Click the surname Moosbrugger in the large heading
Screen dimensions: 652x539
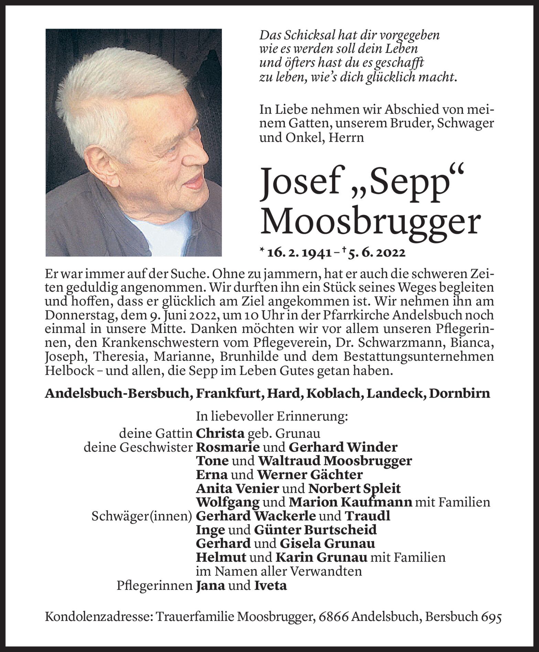(x=370, y=223)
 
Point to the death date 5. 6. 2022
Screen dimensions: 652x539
(x=377, y=253)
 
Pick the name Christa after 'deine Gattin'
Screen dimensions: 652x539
(x=220, y=433)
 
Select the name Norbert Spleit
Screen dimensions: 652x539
(x=354, y=488)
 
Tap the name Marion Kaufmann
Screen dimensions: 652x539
(x=350, y=502)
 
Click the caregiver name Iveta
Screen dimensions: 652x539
(x=270, y=585)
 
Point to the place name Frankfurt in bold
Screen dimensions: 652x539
(x=228, y=393)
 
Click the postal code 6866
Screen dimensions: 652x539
(x=330, y=617)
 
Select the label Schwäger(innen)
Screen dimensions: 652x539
(x=141, y=516)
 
